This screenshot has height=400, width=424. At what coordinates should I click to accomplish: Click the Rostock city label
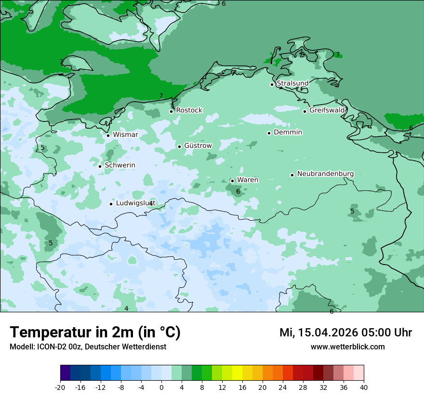coord(189,110)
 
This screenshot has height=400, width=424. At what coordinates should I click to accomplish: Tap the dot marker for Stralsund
coord(272,84)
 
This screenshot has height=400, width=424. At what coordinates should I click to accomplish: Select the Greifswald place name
coord(327,110)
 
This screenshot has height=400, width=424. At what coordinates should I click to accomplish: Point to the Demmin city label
coord(288,133)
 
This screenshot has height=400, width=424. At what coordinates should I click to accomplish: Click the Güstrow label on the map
coord(198,146)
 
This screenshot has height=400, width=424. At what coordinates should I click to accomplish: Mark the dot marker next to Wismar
coord(108,135)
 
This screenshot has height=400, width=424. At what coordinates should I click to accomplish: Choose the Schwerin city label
coord(119,165)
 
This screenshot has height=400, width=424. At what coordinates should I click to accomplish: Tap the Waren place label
coord(248,180)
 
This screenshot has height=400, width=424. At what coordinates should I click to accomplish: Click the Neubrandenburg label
coord(325,174)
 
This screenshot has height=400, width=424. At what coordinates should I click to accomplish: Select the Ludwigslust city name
coord(135,203)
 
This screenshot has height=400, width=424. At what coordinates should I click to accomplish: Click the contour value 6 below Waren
coord(238,192)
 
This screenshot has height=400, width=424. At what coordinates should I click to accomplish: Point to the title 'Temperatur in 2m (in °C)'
coord(95,333)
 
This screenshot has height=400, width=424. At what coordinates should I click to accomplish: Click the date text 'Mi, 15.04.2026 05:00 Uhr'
coord(345,333)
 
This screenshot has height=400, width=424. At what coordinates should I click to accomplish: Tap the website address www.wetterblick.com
coord(347,347)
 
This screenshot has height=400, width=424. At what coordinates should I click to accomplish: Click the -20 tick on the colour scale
coord(60,387)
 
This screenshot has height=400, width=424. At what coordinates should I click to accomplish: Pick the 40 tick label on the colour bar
coord(364,387)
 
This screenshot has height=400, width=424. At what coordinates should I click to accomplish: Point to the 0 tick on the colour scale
coord(161,387)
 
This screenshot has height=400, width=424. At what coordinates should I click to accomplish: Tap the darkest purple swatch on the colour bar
coord(66,373)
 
